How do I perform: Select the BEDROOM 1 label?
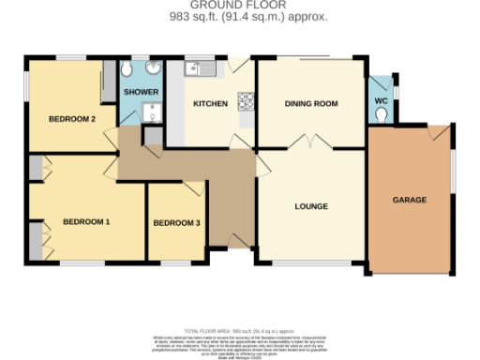tap(86, 222)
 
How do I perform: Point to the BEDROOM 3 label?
tap(176, 222)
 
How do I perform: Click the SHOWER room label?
tap(142, 92)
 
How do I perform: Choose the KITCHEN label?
tap(209, 103)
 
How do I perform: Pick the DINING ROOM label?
tap(310, 103)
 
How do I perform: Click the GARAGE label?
tap(409, 200)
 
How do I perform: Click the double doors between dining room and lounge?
tap(309, 143)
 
